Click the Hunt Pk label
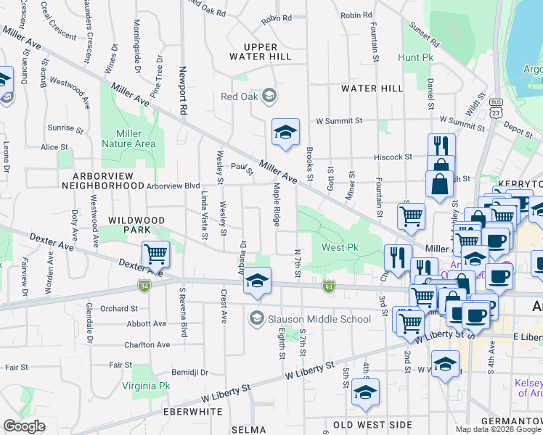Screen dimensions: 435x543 point(415,57)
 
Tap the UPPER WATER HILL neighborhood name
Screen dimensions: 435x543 point(260,51)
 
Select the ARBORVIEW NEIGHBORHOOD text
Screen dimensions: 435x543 point(107,181)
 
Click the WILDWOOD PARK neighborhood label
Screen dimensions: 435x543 point(136,225)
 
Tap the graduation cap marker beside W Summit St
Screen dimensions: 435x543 point(285,132)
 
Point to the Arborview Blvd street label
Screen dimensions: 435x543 point(173,186)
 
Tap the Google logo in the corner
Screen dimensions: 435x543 point(24,426)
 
